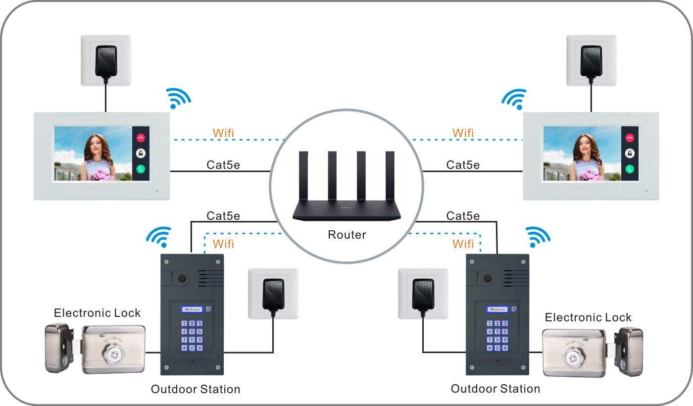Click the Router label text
[346, 235]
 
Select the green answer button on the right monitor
[630, 168]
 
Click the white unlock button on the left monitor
[141, 153]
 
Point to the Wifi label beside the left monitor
[223, 133]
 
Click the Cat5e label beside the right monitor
[463, 165]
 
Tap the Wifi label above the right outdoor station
[463, 244]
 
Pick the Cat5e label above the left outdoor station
[223, 216]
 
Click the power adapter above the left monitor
[106, 60]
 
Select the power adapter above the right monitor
[591, 60]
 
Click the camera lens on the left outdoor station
[183, 278]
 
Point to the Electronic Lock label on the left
[97, 313]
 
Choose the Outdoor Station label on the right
[495, 389]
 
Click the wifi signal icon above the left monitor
[177, 98]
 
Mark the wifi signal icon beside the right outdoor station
[538, 237]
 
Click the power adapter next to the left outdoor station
[273, 294]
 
